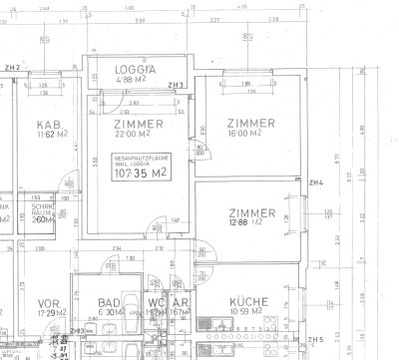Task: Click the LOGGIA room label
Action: (x=136, y=70)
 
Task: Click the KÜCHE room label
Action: (x=248, y=302)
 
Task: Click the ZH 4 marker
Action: (x=315, y=182)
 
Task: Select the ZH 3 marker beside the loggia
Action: (x=177, y=85)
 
